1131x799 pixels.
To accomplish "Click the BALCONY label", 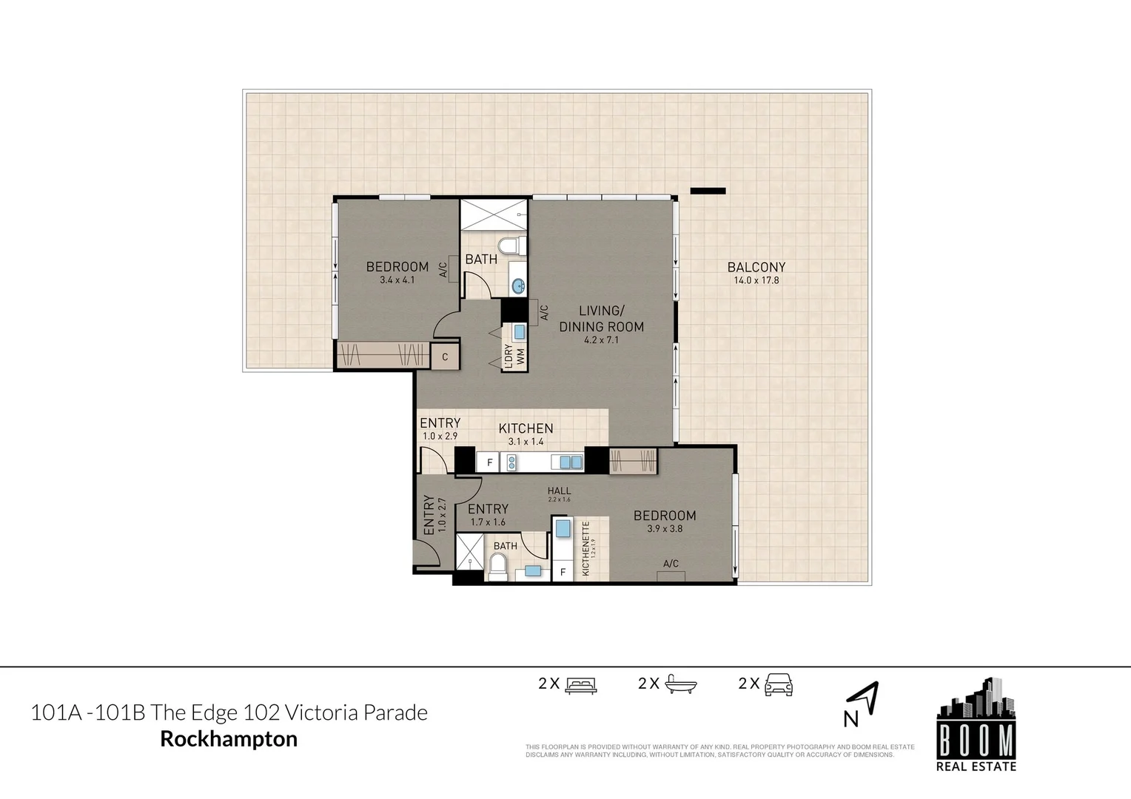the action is pos(756,267).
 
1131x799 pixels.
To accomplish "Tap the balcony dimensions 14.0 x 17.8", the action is pos(756,280).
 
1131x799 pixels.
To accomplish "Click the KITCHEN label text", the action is pos(526,428).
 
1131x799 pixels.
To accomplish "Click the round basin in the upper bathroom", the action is pos(519,285).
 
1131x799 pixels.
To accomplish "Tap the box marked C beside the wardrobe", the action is pos(445,357).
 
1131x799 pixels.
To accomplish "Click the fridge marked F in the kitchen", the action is pos(489,463).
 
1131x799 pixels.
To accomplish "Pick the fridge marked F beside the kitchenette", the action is pos(563,572).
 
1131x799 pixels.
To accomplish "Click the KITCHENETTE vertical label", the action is pos(585,549).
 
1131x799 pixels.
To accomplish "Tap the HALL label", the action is pos(559,491).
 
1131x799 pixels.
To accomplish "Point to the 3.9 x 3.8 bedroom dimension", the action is pos(664,529).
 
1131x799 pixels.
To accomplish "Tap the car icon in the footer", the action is pos(779,684).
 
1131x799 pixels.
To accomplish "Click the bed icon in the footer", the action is pos(580,684).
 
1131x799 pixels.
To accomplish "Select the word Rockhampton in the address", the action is pos(229,738).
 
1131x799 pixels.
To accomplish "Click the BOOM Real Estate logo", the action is pos(976,726).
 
